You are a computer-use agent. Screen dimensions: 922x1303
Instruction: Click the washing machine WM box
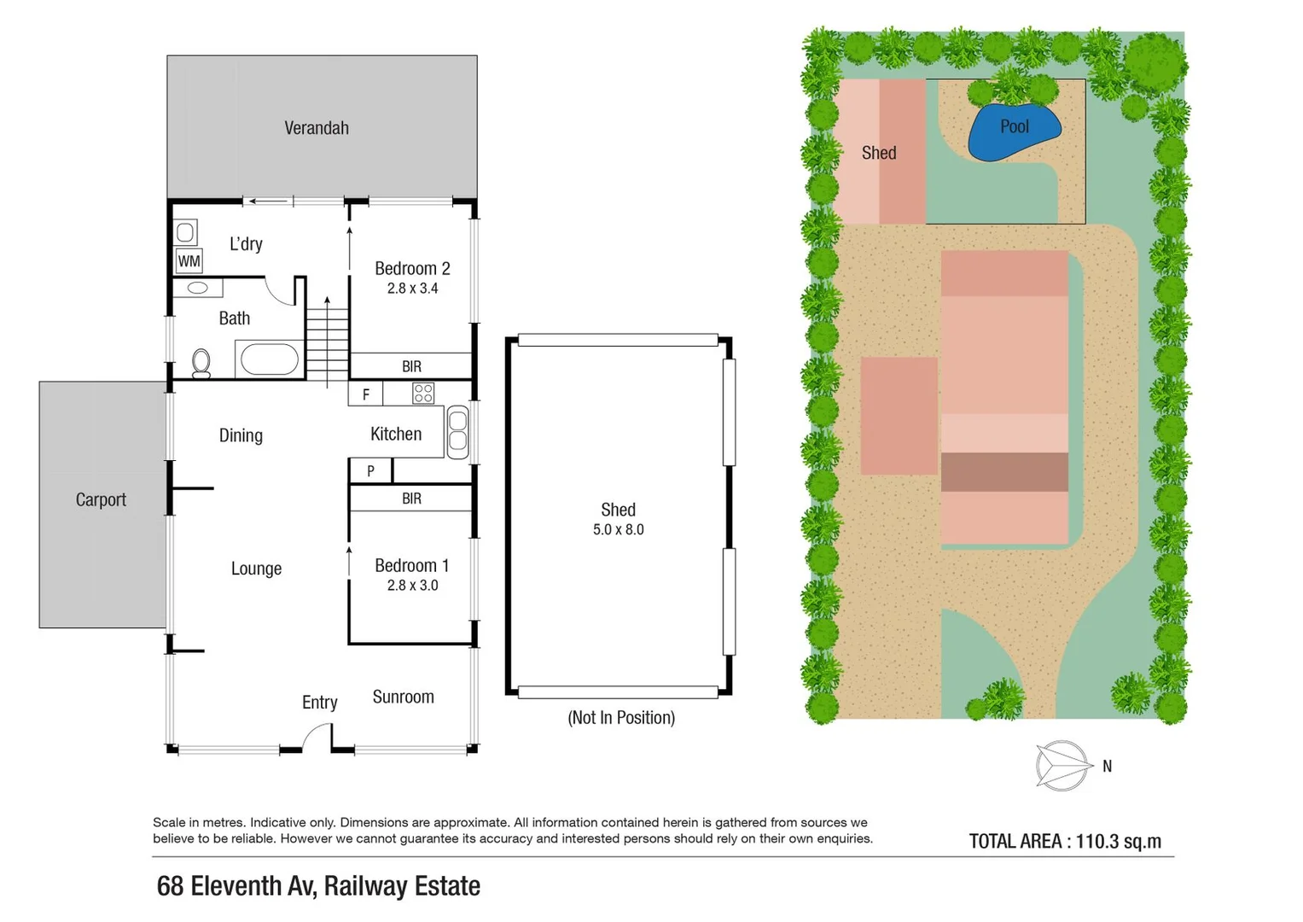189,261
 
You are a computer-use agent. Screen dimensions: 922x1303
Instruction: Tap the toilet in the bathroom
201,363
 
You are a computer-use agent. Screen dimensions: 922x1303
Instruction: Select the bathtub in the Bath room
269,359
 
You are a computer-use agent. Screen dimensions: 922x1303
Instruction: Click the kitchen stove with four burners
423,394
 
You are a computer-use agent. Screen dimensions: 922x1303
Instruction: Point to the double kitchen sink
458,430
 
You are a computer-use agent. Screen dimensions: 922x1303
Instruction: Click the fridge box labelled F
366,394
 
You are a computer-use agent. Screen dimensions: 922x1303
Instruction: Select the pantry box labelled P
370,470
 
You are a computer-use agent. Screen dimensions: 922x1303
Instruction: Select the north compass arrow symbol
1063,766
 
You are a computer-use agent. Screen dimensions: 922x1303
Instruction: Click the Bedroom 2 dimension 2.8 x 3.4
412,289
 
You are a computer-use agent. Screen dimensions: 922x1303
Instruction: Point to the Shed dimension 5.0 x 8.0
619,529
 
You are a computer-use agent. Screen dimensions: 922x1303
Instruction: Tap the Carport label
101,500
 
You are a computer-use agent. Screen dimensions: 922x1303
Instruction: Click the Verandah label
317,128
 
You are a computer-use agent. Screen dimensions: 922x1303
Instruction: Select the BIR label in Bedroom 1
411,499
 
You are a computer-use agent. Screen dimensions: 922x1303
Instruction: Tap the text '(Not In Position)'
621,718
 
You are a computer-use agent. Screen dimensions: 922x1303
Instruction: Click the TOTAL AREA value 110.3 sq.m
1118,842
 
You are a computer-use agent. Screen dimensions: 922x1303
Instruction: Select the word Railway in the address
365,887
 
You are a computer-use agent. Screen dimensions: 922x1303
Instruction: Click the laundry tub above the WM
185,231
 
